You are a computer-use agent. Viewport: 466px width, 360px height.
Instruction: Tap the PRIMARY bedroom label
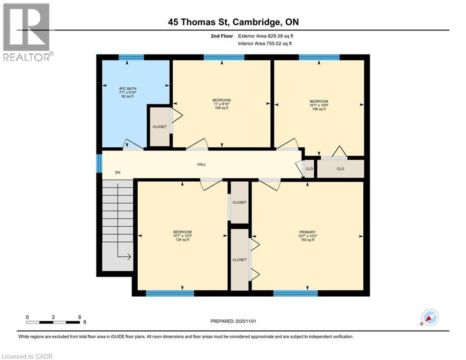(307, 232)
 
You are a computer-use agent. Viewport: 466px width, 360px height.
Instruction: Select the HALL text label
(201, 165)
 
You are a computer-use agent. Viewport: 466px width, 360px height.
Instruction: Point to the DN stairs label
(118, 172)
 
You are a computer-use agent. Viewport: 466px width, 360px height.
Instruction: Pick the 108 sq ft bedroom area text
(221, 108)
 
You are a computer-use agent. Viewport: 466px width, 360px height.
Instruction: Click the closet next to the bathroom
(159, 127)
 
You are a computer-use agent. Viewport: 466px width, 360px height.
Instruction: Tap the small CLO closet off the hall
(309, 169)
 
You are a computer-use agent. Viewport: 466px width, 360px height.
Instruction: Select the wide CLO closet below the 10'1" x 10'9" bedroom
(340, 169)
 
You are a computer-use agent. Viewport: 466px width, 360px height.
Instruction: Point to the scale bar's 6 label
(80, 317)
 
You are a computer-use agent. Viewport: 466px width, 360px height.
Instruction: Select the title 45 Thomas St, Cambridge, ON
(233, 22)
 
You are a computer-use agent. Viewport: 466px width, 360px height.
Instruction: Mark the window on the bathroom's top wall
(131, 57)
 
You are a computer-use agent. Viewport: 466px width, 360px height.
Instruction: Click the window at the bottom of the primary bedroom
(296, 293)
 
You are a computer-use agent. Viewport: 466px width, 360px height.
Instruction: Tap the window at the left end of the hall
(99, 164)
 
